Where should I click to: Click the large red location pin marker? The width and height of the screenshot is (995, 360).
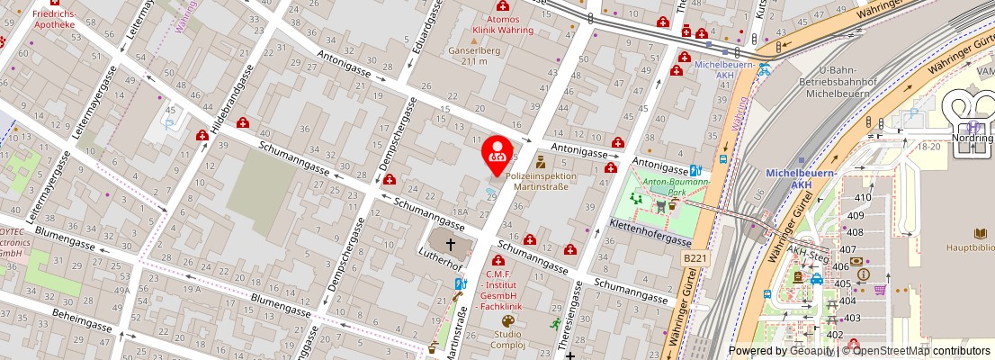point(496,154)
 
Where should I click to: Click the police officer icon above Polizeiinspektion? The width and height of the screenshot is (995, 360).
point(541,163)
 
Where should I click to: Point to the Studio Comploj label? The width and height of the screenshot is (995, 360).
point(507,339)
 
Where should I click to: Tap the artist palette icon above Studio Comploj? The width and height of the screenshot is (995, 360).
point(507,320)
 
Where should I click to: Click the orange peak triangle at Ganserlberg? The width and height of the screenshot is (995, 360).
point(473,40)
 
